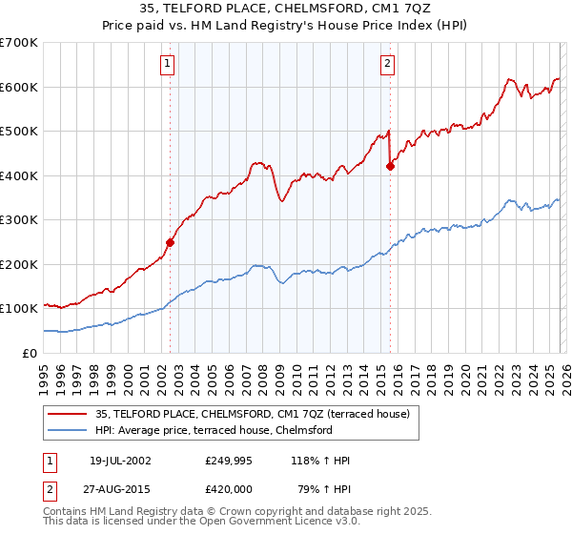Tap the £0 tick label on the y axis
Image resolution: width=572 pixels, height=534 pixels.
coord(31,354)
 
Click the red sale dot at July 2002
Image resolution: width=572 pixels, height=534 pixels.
coord(171,242)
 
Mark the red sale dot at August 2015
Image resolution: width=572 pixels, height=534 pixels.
coord(390,166)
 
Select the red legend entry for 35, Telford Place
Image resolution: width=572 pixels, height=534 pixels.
coord(253,414)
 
